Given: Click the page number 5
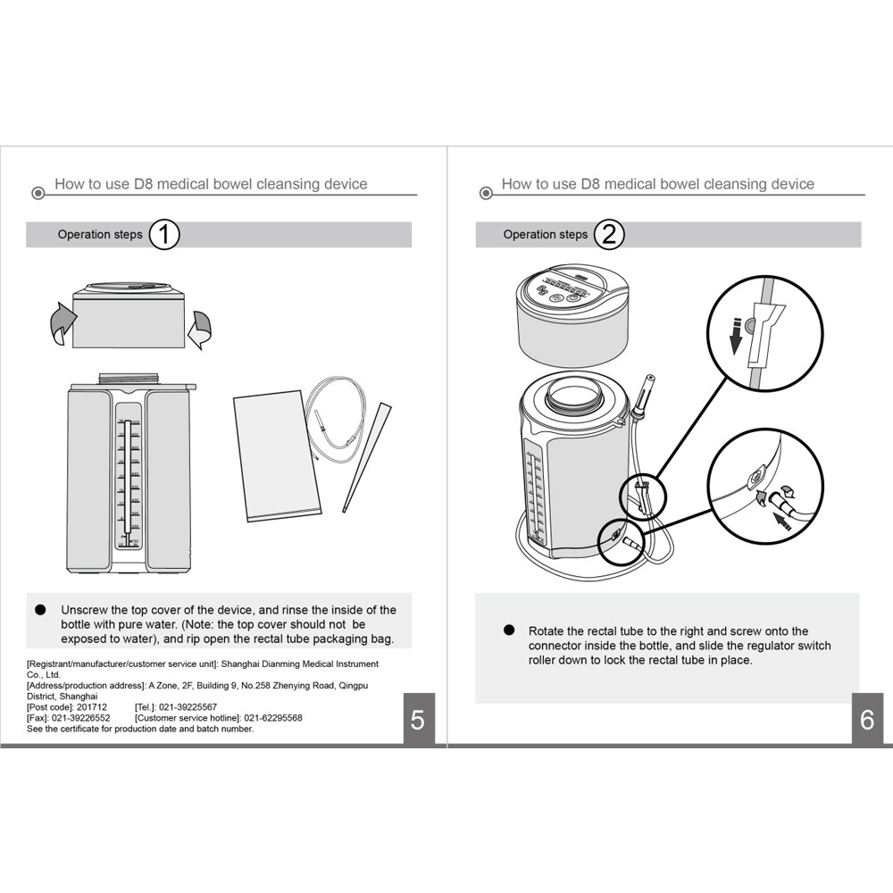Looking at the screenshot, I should tap(418, 720).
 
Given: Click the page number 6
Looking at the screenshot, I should tap(866, 720).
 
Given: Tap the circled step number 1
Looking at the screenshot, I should tap(164, 235).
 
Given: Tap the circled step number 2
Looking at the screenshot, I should tap(609, 235).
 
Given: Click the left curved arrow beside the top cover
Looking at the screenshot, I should tap(55, 322).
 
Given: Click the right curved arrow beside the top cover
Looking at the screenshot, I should tap(202, 329).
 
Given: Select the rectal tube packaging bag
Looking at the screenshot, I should tap(276, 459).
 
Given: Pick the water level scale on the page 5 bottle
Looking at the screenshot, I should tap(127, 482).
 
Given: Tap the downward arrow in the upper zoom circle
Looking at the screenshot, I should tap(734, 340).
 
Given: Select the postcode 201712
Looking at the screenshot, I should tap(92, 707).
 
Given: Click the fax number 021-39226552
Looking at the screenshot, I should tap(81, 718).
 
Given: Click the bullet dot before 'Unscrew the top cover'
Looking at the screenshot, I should tap(40, 609).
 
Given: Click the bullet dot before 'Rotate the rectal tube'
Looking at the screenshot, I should tap(509, 630).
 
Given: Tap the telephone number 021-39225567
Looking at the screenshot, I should tap(187, 707).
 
